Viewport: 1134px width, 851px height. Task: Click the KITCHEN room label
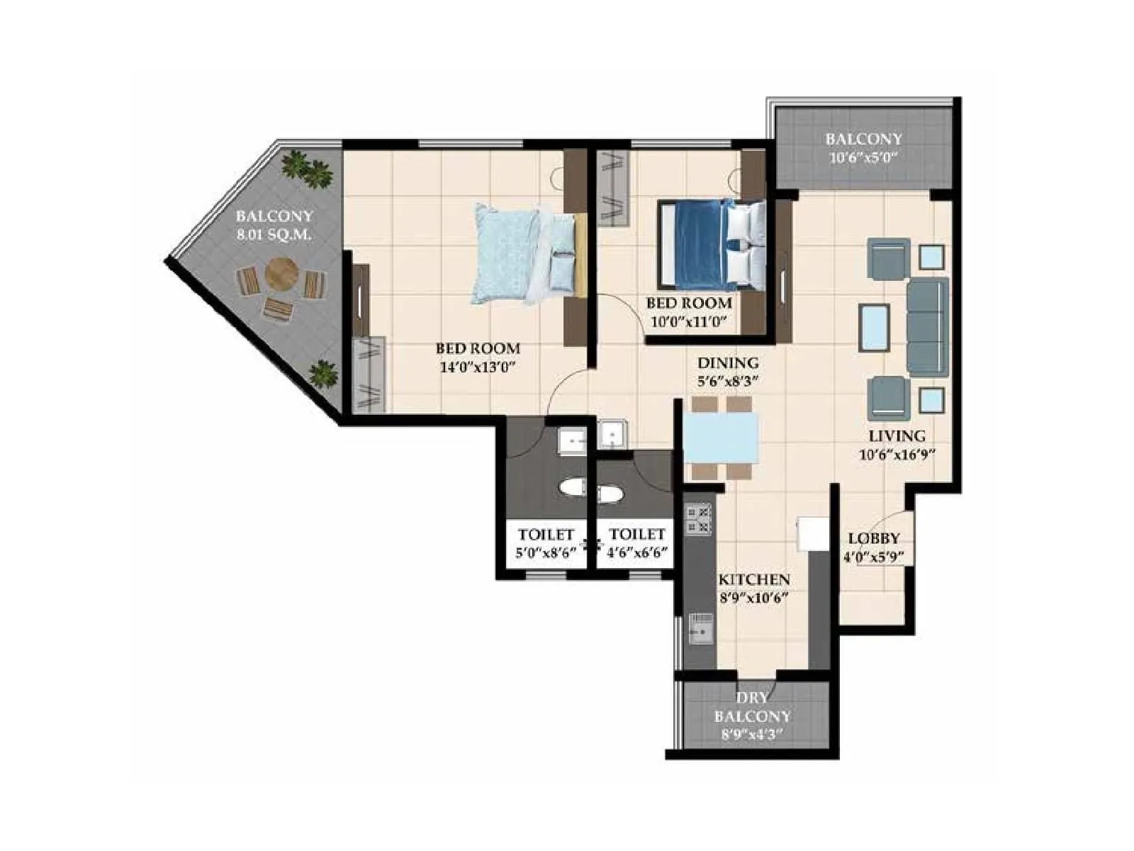point(754,579)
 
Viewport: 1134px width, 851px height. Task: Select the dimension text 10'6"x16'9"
point(897,455)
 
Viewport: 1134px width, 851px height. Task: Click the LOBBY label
point(874,538)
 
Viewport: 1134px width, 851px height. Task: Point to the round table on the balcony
point(281,273)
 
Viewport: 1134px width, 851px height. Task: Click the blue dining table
point(720,438)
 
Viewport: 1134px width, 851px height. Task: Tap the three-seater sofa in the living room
point(927,327)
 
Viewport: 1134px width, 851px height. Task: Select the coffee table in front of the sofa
point(875,328)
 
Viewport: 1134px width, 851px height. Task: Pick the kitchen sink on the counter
point(700,627)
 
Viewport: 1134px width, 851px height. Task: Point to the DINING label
point(728,363)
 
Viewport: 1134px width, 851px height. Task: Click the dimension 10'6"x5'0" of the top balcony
point(863,157)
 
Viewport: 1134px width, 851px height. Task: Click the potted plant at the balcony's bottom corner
point(323,374)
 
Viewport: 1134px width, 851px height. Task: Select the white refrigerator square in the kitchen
point(812,533)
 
